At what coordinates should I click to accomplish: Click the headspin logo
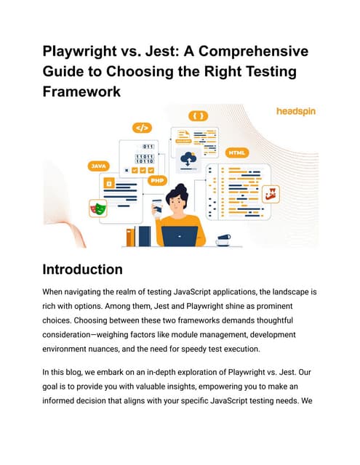[x=296, y=111]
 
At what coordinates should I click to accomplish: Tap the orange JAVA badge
[x=98, y=166]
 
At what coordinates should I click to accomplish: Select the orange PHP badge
[x=157, y=180]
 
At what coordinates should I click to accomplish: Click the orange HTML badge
[x=237, y=153]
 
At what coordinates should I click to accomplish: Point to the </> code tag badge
[x=142, y=128]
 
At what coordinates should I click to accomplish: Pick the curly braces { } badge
[x=199, y=116]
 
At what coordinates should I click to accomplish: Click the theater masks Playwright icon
[x=98, y=209]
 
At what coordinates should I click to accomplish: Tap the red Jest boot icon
[x=271, y=194]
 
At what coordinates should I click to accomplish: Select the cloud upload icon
[x=188, y=161]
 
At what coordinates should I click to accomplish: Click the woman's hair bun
[x=181, y=188]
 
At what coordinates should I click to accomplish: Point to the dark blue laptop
[x=179, y=236]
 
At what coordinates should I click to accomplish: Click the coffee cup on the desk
[x=223, y=240]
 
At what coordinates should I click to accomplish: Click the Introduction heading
[x=82, y=270]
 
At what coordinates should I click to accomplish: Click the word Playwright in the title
[x=79, y=52]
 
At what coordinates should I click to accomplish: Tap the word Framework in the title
[x=81, y=92]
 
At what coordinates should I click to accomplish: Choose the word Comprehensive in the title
[x=253, y=52]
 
